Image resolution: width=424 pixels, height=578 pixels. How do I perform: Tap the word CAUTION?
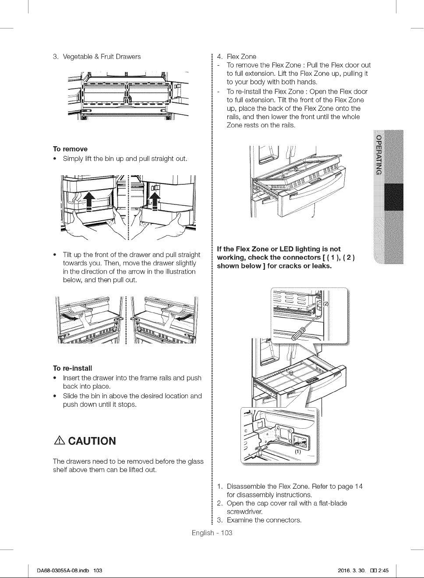click(x=92, y=441)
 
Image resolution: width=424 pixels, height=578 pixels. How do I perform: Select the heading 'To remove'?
click(x=70, y=149)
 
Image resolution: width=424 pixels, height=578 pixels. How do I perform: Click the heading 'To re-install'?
click(x=73, y=368)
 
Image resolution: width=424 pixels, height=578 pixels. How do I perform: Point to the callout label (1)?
click(x=298, y=451)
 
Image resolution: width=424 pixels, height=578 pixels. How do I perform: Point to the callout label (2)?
click(x=326, y=303)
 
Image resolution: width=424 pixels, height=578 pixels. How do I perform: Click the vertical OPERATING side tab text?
click(x=378, y=155)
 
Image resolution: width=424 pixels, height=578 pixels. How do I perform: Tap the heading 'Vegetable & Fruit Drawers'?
click(x=102, y=56)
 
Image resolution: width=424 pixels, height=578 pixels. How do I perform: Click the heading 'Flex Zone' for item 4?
click(x=241, y=56)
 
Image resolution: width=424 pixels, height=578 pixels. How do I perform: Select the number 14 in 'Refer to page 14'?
click(x=359, y=486)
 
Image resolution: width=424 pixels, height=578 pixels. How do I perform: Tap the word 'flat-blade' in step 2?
click(x=333, y=503)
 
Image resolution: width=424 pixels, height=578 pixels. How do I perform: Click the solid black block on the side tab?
click(x=393, y=197)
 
